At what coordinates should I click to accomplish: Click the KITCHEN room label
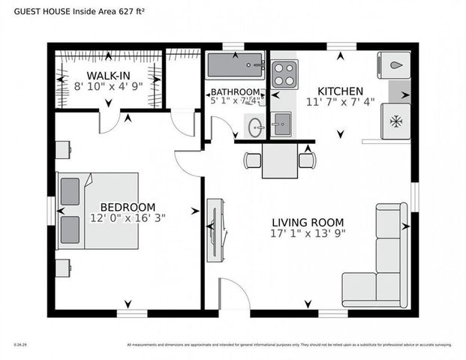pos(340,90)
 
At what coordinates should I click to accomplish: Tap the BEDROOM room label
pos(128,207)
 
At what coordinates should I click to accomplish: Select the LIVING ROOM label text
pos(308,222)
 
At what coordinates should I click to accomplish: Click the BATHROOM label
pos(234,91)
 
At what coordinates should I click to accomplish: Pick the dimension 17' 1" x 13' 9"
pos(308,233)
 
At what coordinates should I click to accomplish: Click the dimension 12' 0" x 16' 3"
pos(128,218)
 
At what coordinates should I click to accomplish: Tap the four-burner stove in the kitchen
pos(284,74)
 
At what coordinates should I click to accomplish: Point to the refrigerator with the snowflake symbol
pos(395,121)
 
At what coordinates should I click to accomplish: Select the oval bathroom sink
pos(255,126)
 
